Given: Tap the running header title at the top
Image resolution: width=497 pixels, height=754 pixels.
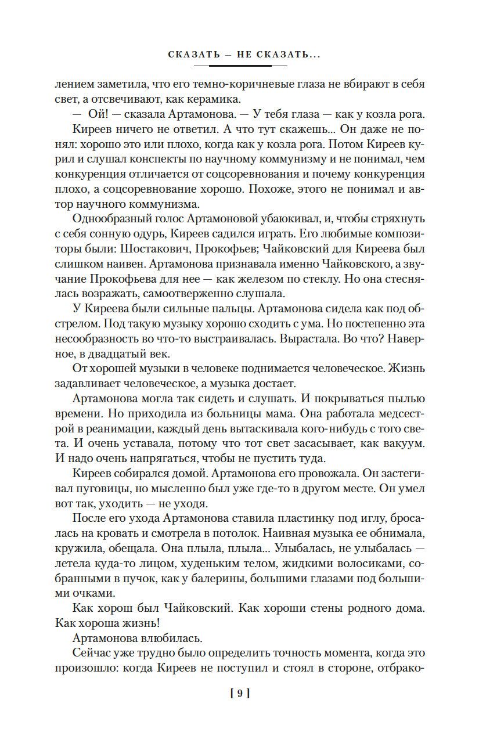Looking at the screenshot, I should coord(244,55).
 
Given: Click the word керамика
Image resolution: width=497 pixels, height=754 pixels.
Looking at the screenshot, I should coord(207,99).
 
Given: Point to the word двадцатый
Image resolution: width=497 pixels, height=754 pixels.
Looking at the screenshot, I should coord(116,354).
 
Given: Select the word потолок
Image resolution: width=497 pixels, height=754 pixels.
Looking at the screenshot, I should coord(231,535).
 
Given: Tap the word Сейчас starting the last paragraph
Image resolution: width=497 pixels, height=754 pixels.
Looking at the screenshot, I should coord(92,655).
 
